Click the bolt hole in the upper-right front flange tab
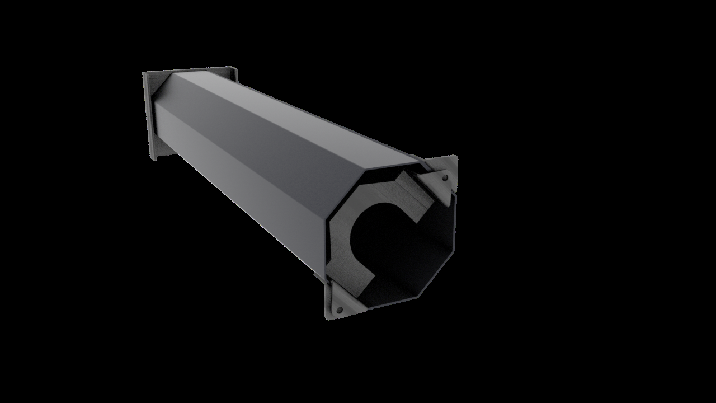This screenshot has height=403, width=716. (445, 178)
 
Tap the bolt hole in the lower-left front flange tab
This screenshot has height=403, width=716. (339, 309)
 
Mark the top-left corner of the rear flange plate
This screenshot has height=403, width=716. (144, 73)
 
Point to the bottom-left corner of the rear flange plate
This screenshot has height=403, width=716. (151, 160)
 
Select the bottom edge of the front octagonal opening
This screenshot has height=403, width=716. (392, 308)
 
